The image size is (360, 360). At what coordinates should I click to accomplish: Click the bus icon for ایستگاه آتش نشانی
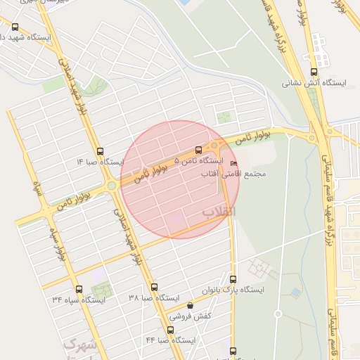tap(313, 71)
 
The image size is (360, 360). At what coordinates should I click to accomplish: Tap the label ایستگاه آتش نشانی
tap(314, 83)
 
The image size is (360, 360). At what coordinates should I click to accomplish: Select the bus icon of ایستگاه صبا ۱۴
tap(100, 151)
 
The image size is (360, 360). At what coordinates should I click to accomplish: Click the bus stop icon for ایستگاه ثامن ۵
tap(198, 150)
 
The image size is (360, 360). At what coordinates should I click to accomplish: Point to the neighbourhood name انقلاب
tap(219, 212)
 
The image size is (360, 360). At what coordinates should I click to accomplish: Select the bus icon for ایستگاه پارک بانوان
tap(233, 279)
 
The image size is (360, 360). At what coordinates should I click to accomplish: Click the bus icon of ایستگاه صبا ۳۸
tap(154, 287)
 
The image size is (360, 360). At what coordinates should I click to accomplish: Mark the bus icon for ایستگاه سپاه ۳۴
tap(78, 289)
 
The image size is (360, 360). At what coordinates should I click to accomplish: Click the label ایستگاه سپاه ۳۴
tap(78, 300)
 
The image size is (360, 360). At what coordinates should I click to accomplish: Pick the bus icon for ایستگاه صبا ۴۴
tap(170, 330)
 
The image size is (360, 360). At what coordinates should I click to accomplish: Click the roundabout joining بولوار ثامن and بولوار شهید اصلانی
tap(111, 186)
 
